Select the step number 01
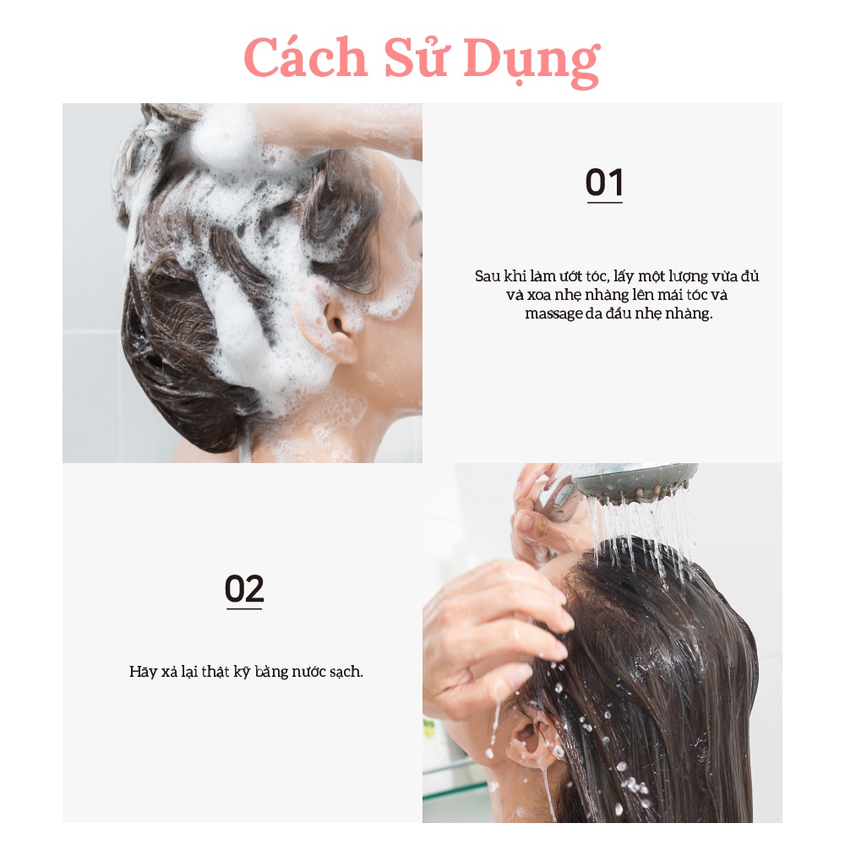coord(604,183)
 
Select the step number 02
coord(244,589)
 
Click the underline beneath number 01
coord(604,203)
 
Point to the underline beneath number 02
coord(244,608)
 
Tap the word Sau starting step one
coord(487,276)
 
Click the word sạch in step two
coord(345,673)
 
